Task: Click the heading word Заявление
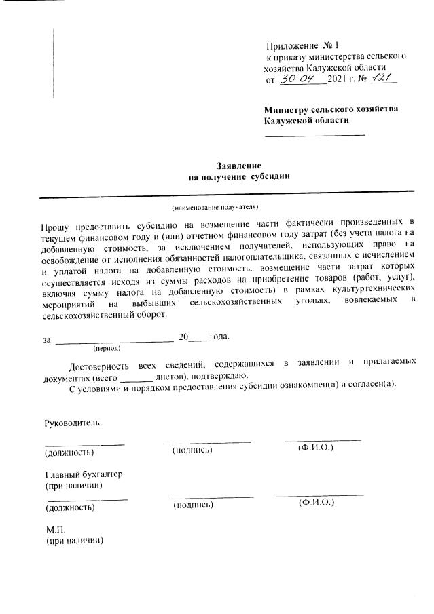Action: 238,166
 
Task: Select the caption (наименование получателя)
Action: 215,206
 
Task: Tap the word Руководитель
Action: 72,423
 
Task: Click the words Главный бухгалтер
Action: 84,474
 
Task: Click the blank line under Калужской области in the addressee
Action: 314,134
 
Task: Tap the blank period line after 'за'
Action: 113,338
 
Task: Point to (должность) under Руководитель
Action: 69,452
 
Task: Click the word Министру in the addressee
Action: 288,109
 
